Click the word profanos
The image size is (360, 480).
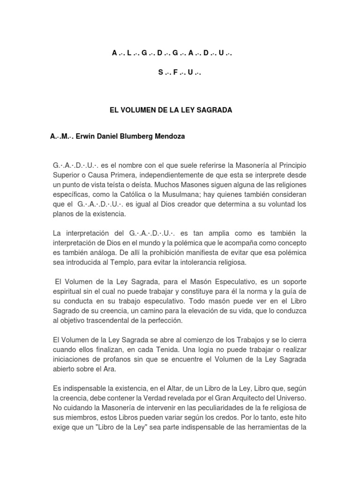tap(115, 360)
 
